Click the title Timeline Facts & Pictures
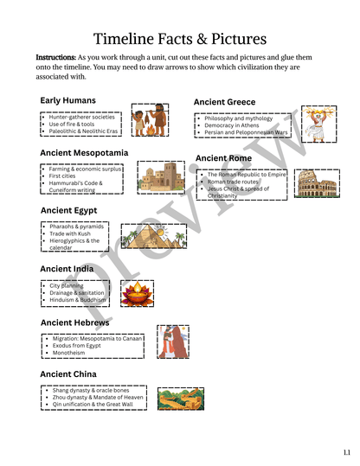click(x=179, y=37)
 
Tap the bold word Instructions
click(x=55, y=57)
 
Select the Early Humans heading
click(x=67, y=100)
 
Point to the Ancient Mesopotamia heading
click(x=84, y=153)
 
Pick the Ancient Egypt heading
click(x=68, y=210)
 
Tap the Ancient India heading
click(x=67, y=269)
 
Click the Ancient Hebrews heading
click(x=74, y=322)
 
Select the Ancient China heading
click(x=68, y=374)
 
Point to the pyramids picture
click(x=152, y=237)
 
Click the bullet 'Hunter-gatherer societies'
click(x=82, y=117)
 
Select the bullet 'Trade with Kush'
click(x=70, y=233)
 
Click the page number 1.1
click(x=345, y=452)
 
